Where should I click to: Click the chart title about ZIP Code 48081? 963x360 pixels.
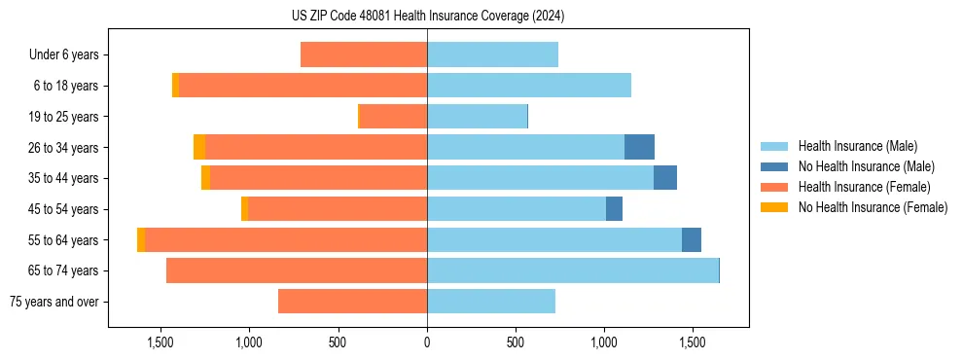click(x=428, y=17)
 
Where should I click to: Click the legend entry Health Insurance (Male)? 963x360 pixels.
click(x=856, y=146)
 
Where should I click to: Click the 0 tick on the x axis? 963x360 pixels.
click(x=427, y=342)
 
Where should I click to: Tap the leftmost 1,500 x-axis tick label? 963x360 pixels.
click(x=160, y=342)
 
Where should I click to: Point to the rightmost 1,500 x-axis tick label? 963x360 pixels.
click(x=693, y=342)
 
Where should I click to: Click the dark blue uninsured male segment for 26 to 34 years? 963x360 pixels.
click(x=639, y=147)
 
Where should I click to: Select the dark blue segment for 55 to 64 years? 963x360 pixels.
click(x=692, y=239)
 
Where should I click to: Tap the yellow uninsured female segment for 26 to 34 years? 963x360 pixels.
click(x=199, y=147)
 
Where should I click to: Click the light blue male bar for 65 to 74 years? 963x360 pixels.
click(x=573, y=270)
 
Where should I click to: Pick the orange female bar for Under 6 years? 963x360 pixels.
click(x=364, y=54)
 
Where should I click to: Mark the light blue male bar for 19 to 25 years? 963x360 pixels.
click(x=477, y=117)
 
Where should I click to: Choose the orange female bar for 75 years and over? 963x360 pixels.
click(x=352, y=302)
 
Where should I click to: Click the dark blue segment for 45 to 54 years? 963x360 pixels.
click(x=614, y=209)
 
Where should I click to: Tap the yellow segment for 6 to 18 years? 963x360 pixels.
click(x=176, y=86)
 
